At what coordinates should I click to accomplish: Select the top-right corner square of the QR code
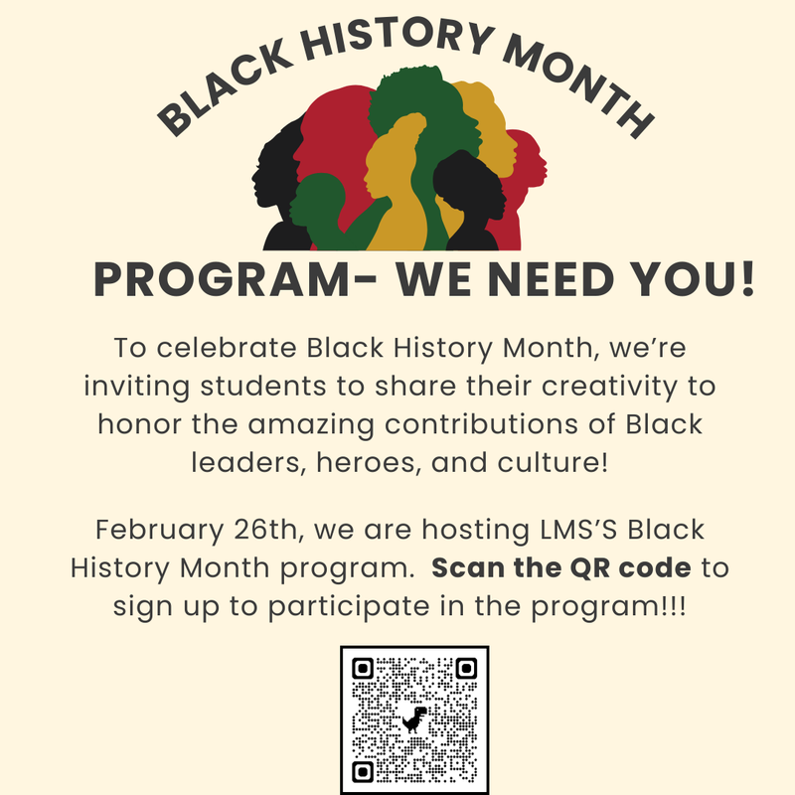point(464,669)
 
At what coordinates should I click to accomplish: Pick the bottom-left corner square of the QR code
point(364,771)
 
